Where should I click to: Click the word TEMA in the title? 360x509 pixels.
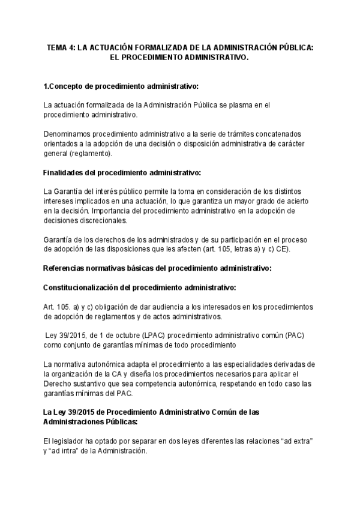[57, 47]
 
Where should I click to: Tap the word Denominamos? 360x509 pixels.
[68, 133]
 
